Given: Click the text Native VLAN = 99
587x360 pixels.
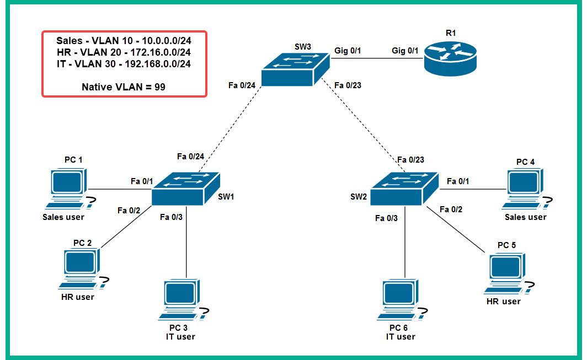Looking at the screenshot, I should (124, 87).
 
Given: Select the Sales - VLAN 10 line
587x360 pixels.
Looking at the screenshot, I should (124, 40).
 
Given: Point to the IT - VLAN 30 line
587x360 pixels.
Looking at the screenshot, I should (124, 63).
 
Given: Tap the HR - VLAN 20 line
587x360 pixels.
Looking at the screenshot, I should (124, 52).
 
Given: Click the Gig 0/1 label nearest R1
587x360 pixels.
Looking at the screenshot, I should (405, 51).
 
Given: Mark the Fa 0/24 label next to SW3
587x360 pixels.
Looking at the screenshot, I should (242, 85).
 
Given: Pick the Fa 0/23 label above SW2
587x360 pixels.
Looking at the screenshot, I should (411, 160).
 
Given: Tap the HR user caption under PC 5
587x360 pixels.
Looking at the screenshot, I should (503, 302).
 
